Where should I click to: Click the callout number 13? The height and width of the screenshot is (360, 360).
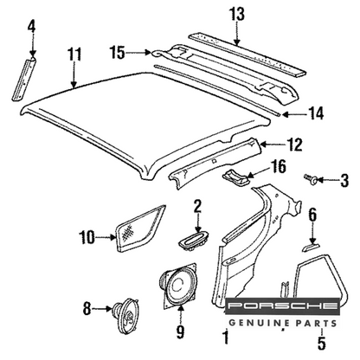point(237,14)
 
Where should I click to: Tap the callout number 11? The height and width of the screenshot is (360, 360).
point(74,55)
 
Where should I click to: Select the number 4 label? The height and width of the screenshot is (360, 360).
point(32,28)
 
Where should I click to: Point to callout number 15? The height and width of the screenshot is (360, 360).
point(118,53)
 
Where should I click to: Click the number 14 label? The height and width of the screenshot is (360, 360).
point(316,113)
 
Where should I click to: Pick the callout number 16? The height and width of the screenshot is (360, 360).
point(277,166)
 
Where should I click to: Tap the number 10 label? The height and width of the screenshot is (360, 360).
point(87,238)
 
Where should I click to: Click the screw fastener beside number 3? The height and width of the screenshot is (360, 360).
point(311,179)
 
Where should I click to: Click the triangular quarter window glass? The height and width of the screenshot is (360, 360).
point(141,229)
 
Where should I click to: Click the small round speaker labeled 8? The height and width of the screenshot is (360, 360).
point(126,315)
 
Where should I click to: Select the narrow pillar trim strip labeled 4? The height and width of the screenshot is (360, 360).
point(24,79)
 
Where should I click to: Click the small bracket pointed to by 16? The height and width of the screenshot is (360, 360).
point(235,177)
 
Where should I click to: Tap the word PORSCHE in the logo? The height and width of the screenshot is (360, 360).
point(282,305)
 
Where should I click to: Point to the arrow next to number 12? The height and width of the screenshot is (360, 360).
point(270,144)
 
